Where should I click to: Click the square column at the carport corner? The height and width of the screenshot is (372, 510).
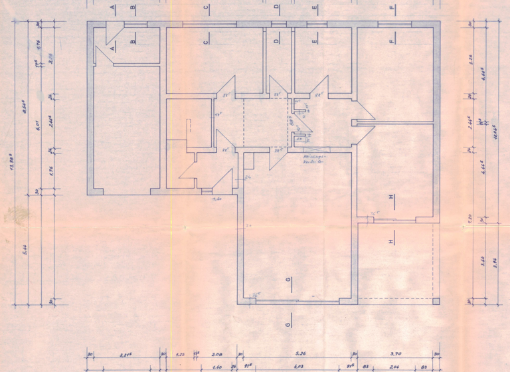(436, 301)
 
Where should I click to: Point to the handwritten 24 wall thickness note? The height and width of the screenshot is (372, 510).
(248, 178)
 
